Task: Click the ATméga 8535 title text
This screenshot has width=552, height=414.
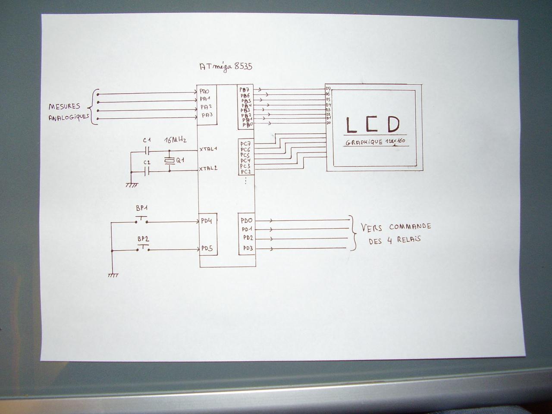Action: (x=226, y=67)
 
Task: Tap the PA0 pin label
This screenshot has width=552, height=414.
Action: (x=204, y=92)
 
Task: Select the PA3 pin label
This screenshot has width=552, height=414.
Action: (x=207, y=115)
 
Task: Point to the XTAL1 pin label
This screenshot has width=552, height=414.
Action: (x=208, y=149)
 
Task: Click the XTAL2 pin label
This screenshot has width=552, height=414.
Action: (x=208, y=169)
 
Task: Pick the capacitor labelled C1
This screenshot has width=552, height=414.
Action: (x=147, y=151)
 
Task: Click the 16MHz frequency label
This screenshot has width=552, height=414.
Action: (x=176, y=141)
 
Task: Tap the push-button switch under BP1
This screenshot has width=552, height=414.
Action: (x=142, y=220)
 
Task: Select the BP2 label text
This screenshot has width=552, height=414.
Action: (x=143, y=238)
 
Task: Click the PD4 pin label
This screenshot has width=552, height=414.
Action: (x=207, y=221)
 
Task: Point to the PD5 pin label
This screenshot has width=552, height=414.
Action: (x=207, y=249)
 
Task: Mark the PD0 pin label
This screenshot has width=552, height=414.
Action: (x=247, y=220)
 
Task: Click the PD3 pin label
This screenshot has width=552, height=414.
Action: (x=248, y=248)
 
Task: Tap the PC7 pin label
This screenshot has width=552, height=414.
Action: (x=245, y=144)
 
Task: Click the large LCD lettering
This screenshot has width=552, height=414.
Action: (x=373, y=125)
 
